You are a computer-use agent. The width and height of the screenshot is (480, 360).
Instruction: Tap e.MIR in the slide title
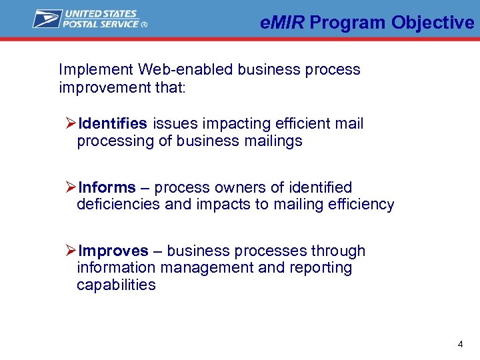tap(283, 23)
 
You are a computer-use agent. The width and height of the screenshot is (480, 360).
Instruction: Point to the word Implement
tap(96, 70)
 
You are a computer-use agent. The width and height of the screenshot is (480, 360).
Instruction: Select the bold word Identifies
tap(112, 123)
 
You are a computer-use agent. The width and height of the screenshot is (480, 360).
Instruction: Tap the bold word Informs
tap(107, 187)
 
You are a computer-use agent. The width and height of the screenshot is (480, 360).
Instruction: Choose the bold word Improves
tap(113, 251)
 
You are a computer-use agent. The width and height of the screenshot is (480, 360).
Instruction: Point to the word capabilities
tap(116, 285)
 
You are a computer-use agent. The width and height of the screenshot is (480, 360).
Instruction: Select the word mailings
tap(273, 141)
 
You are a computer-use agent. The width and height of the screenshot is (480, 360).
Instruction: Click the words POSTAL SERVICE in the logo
tap(101, 24)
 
